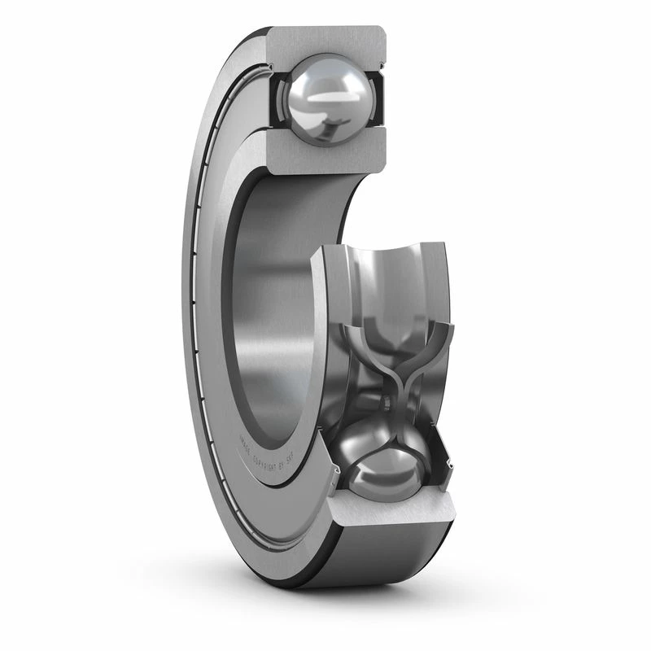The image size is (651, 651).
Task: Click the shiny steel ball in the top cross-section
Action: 325,98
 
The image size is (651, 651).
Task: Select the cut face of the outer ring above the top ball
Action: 325,41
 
